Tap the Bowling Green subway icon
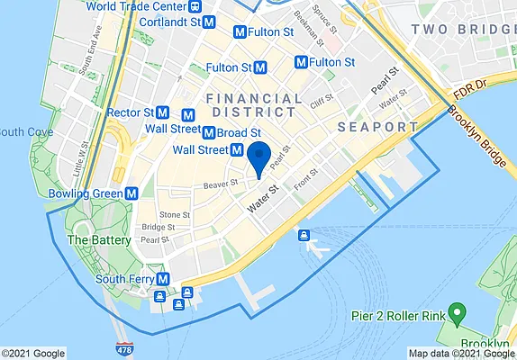(132, 193)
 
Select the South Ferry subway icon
(163, 278)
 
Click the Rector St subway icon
(163, 112)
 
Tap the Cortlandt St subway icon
(209, 21)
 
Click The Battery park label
(99, 240)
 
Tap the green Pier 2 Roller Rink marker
(457, 314)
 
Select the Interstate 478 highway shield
(122, 346)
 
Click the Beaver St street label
(220, 183)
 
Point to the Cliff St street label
(322, 105)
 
